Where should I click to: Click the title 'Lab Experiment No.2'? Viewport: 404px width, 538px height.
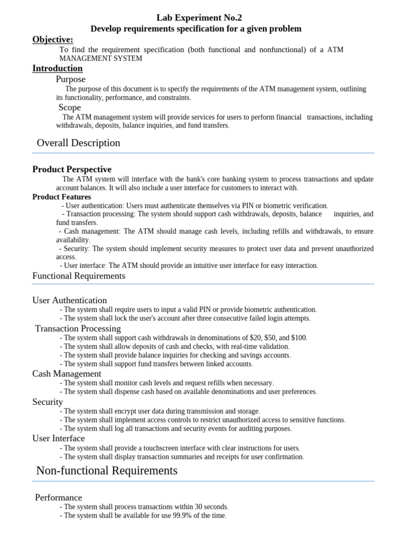pyautogui.click(x=196, y=18)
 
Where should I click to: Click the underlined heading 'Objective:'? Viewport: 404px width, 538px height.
pyautogui.click(x=53, y=39)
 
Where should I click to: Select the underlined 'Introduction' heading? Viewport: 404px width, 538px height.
pyautogui.click(x=57, y=68)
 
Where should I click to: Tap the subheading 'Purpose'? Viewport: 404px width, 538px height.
pyautogui.click(x=70, y=79)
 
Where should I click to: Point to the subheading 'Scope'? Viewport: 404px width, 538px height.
pyautogui.click(x=69, y=108)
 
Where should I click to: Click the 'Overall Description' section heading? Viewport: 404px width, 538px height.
pyautogui.click(x=78, y=143)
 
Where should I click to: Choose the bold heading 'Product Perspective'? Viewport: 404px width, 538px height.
pyautogui.click(x=72, y=169)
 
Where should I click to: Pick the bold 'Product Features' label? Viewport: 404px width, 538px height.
pyautogui.click(x=62, y=197)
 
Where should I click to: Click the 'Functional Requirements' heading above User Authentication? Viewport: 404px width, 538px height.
pyautogui.click(x=79, y=276)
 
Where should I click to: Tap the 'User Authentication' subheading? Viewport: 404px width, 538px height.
pyautogui.click(x=69, y=301)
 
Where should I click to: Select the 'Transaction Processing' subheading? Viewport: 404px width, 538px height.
pyautogui.click(x=78, y=328)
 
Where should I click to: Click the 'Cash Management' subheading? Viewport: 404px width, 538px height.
pyautogui.click(x=67, y=374)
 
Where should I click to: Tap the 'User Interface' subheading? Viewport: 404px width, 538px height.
pyautogui.click(x=58, y=438)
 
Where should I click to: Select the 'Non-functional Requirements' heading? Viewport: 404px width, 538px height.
pyautogui.click(x=107, y=471)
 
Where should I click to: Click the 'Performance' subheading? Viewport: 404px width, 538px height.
pyautogui.click(x=58, y=498)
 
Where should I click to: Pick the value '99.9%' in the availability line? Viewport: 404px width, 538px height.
pyautogui.click(x=181, y=516)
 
